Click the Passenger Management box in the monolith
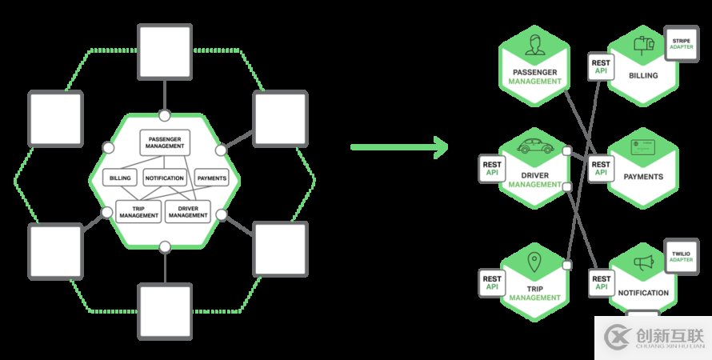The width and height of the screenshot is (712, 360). (x=165, y=142)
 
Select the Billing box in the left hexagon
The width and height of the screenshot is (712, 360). (x=121, y=178)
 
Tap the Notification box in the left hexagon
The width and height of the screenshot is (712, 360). (x=165, y=178)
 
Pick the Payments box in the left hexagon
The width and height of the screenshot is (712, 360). (x=212, y=178)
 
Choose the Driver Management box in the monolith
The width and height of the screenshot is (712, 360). (x=188, y=211)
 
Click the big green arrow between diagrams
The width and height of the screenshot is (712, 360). (x=399, y=146)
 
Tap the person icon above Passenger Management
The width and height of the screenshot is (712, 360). (x=534, y=50)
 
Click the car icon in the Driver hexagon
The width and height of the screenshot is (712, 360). (x=534, y=146)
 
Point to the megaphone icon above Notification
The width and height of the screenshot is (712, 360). (x=644, y=262)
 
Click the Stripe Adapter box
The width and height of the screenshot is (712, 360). (x=682, y=43)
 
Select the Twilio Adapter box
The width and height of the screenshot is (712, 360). (x=682, y=257)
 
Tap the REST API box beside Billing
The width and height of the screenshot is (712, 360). (x=601, y=67)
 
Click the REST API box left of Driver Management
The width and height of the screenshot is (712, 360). (x=492, y=169)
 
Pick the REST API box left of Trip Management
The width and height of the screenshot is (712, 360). (x=492, y=282)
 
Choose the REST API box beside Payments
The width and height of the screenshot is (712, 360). (x=601, y=169)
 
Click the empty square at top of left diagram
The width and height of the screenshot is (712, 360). (x=165, y=51)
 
